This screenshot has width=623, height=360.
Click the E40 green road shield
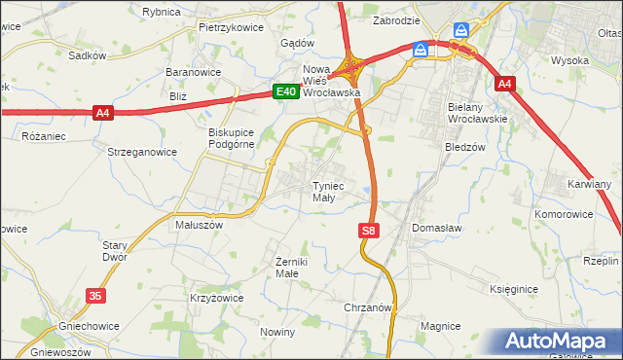[284, 91]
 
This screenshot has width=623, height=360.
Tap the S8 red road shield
[367, 231]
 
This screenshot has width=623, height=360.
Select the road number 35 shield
[94, 294]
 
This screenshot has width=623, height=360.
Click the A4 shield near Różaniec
[104, 114]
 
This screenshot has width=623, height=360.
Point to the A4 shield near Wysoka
[503, 85]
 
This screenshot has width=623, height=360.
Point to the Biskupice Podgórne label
[231, 138]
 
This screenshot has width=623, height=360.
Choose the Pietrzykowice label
[231, 27]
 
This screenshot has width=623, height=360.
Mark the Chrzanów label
[368, 306]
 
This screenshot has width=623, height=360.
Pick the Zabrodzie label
[395, 19]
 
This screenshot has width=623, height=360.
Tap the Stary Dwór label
[115, 252]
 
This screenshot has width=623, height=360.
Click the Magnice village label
[439, 326]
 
